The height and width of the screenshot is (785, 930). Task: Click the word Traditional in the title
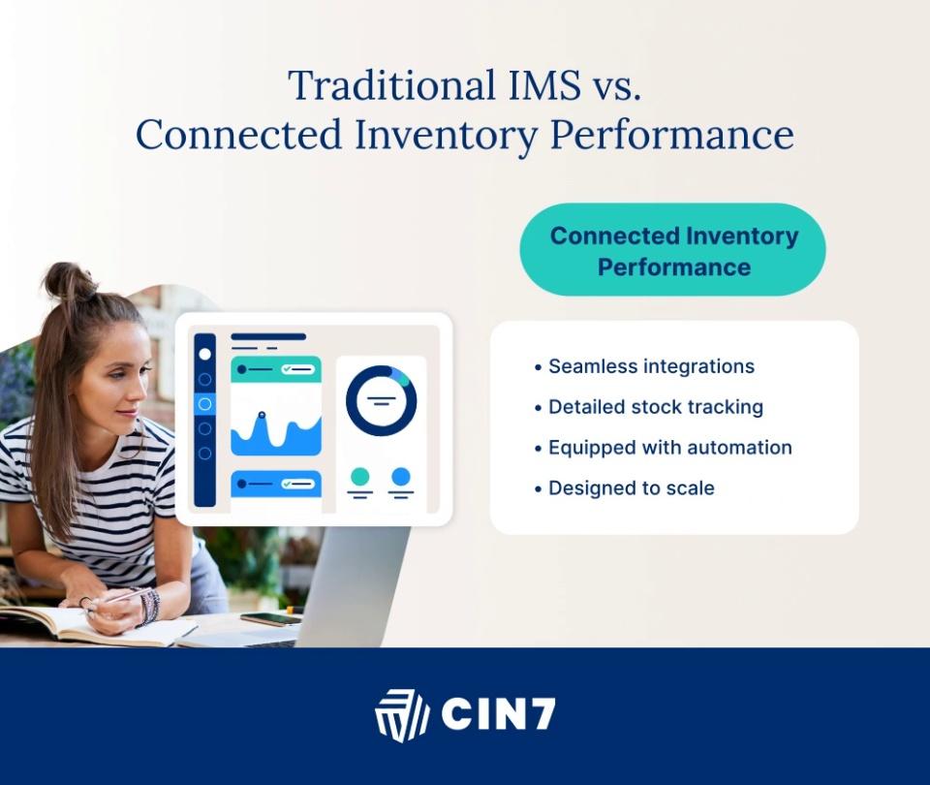[391, 85]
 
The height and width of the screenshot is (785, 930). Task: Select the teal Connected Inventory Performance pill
[672, 250]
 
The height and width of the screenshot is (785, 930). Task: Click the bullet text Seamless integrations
[651, 366]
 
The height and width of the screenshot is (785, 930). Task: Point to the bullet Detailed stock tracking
[656, 407]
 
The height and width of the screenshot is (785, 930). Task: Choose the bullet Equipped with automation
[670, 448]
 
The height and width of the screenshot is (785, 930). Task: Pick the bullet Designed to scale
[631, 487]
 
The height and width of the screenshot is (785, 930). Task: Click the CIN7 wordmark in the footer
[498, 714]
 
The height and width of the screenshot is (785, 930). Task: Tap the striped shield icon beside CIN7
[401, 715]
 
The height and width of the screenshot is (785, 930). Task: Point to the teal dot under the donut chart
[360, 477]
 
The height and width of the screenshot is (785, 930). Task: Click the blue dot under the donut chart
[401, 477]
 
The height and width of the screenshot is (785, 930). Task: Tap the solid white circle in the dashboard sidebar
[204, 355]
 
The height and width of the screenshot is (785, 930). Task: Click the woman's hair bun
[70, 282]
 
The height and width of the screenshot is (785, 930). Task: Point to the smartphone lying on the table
[271, 619]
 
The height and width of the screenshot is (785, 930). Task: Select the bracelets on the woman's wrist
[149, 607]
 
